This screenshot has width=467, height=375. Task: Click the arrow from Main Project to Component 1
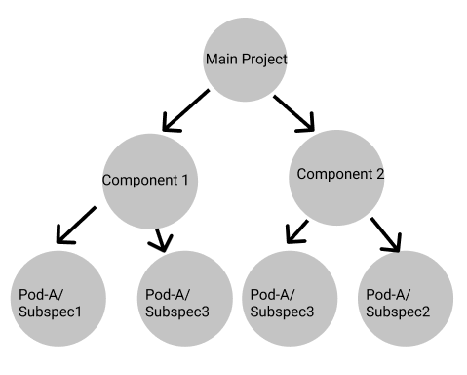pos(185,110)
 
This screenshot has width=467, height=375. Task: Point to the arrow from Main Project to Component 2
pos(295,112)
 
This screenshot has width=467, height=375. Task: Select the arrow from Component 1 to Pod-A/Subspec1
pos(77,224)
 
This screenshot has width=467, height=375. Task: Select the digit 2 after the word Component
pos(380,175)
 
